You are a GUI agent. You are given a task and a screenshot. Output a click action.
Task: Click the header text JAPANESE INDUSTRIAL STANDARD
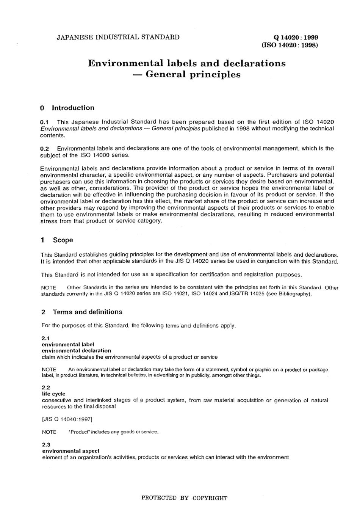[118, 37]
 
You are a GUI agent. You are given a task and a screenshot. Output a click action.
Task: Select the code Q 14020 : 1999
[296, 37]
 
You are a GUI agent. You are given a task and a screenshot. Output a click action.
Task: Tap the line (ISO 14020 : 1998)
[290, 45]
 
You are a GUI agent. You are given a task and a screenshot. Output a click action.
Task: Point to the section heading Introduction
[73, 108]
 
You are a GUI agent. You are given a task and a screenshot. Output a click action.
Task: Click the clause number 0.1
[45, 122]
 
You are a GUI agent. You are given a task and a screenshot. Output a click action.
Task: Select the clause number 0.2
[45, 149]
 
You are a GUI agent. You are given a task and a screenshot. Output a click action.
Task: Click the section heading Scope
[63, 240]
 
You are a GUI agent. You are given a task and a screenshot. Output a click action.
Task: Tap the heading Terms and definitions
[88, 312]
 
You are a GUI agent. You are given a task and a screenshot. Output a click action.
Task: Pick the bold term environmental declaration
[76, 351]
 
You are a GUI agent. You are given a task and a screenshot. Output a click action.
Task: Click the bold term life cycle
[53, 394]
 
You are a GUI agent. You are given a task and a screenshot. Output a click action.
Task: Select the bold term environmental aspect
[70, 451]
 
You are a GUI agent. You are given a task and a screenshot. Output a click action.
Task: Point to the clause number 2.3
[46, 445]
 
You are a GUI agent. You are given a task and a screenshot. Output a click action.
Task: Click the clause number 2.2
[46, 388]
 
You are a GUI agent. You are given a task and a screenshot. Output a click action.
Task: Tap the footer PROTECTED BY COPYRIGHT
[184, 498]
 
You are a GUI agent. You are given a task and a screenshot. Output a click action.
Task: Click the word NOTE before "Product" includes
[49, 432]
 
